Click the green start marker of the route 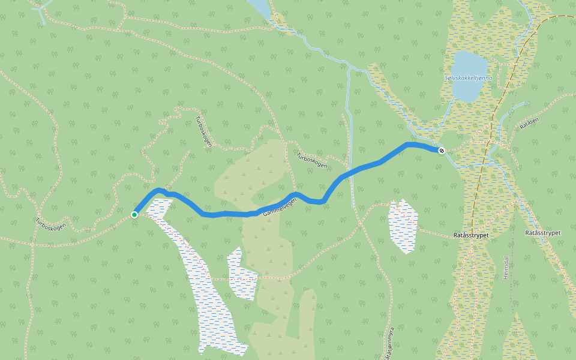point(135,214)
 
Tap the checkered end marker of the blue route point(442,151)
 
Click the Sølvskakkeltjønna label point(469,78)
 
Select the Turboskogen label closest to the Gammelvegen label point(312,160)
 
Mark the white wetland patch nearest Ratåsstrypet point(403,225)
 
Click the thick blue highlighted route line point(360,169)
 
